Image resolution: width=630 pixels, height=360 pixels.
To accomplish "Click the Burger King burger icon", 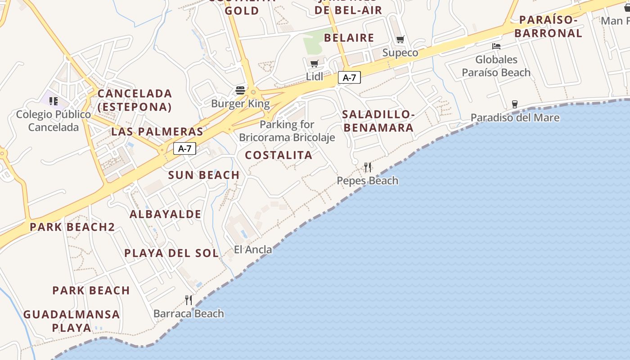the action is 240,90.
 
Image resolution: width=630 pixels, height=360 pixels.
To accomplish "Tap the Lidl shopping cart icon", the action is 315,63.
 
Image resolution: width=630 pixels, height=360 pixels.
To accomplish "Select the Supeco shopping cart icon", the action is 400,39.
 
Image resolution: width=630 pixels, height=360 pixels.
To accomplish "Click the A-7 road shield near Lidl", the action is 349,77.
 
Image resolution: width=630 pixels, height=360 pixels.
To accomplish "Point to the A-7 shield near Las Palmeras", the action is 184,148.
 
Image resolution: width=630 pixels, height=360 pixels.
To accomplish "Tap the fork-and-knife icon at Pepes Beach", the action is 368,167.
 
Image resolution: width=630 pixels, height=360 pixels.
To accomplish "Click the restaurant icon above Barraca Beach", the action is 189,300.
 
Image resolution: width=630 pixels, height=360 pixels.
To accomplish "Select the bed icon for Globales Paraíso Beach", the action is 496,46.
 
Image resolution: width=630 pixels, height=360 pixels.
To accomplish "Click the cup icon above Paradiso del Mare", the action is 515,104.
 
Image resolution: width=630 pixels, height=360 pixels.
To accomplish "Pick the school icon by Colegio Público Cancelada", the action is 54,101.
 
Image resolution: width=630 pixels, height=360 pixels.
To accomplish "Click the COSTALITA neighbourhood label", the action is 279,155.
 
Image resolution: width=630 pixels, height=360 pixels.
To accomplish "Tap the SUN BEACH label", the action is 204,175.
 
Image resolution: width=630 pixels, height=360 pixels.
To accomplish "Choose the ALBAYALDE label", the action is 165,214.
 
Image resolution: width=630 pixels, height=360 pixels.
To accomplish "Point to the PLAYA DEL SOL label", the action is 171,253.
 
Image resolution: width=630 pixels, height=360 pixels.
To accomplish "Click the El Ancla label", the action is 253,249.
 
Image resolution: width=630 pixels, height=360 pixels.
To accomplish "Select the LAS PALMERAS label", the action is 157,132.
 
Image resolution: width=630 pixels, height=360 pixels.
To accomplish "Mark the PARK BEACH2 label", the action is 72,227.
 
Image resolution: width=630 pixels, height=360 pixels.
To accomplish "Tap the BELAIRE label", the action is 349,38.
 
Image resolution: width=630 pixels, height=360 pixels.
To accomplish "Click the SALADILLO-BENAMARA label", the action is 378,121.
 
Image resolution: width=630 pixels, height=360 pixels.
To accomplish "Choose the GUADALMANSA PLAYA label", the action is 72,320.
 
